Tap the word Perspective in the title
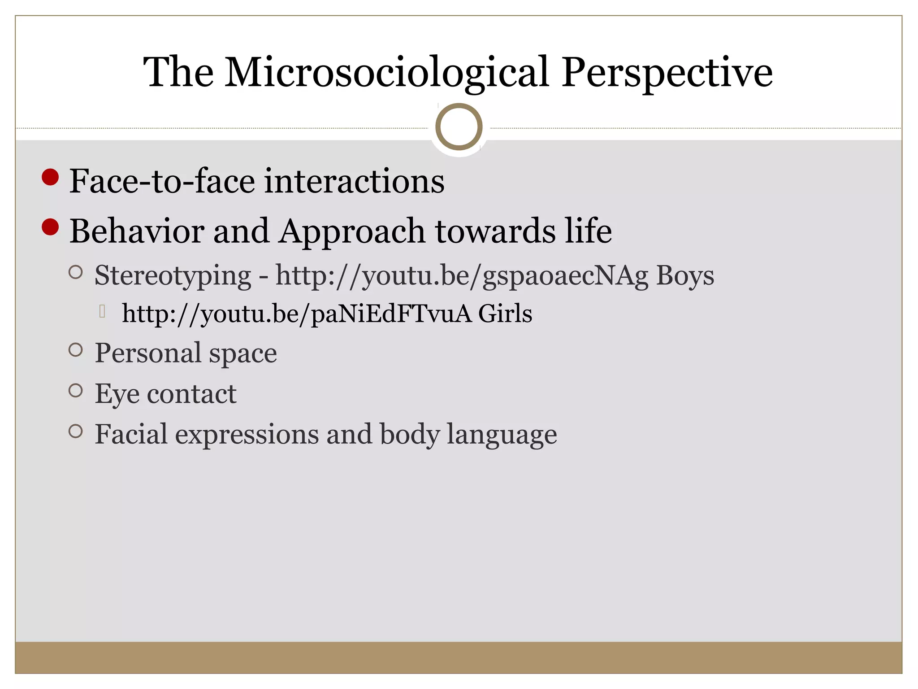point(667,72)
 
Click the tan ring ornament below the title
point(459,126)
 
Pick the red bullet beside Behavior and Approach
point(50,227)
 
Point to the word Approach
point(351,231)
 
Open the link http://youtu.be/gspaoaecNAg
point(462,275)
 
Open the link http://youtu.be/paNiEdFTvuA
point(297,313)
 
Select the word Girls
point(505,313)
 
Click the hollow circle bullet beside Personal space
point(76,350)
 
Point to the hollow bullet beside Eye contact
point(76,390)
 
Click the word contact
point(191,394)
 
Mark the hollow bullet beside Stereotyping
point(76,272)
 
